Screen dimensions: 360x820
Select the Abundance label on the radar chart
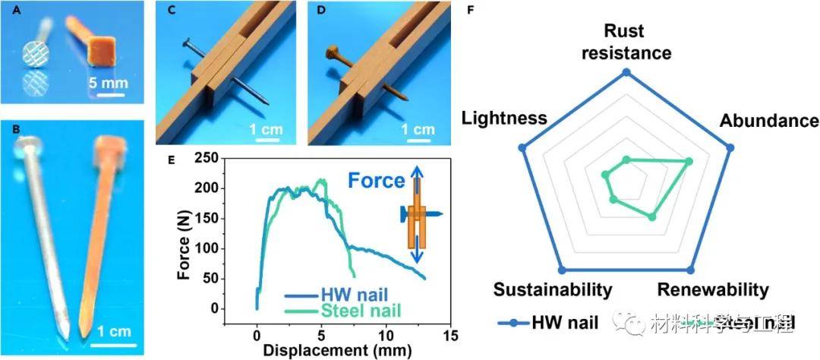pos(769,122)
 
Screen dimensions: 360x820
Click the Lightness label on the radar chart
pos(504,118)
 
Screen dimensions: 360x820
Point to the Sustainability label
pos(553,289)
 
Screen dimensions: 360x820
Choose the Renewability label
pos(713,289)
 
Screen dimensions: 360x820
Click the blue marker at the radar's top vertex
pos(626,74)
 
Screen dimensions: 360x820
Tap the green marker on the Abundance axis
pos(689,161)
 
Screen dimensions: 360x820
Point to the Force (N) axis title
pos(184,235)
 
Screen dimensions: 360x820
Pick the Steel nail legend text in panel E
pos(358,310)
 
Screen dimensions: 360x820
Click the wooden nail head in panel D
pos(332,54)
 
